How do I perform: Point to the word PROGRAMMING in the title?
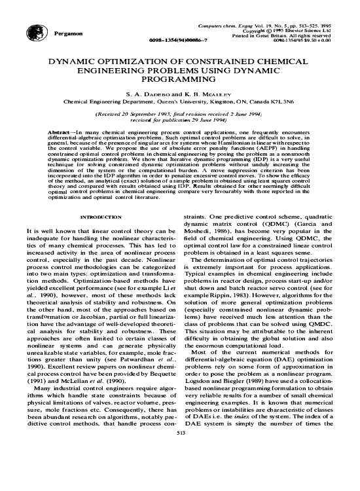click(x=180, y=77)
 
